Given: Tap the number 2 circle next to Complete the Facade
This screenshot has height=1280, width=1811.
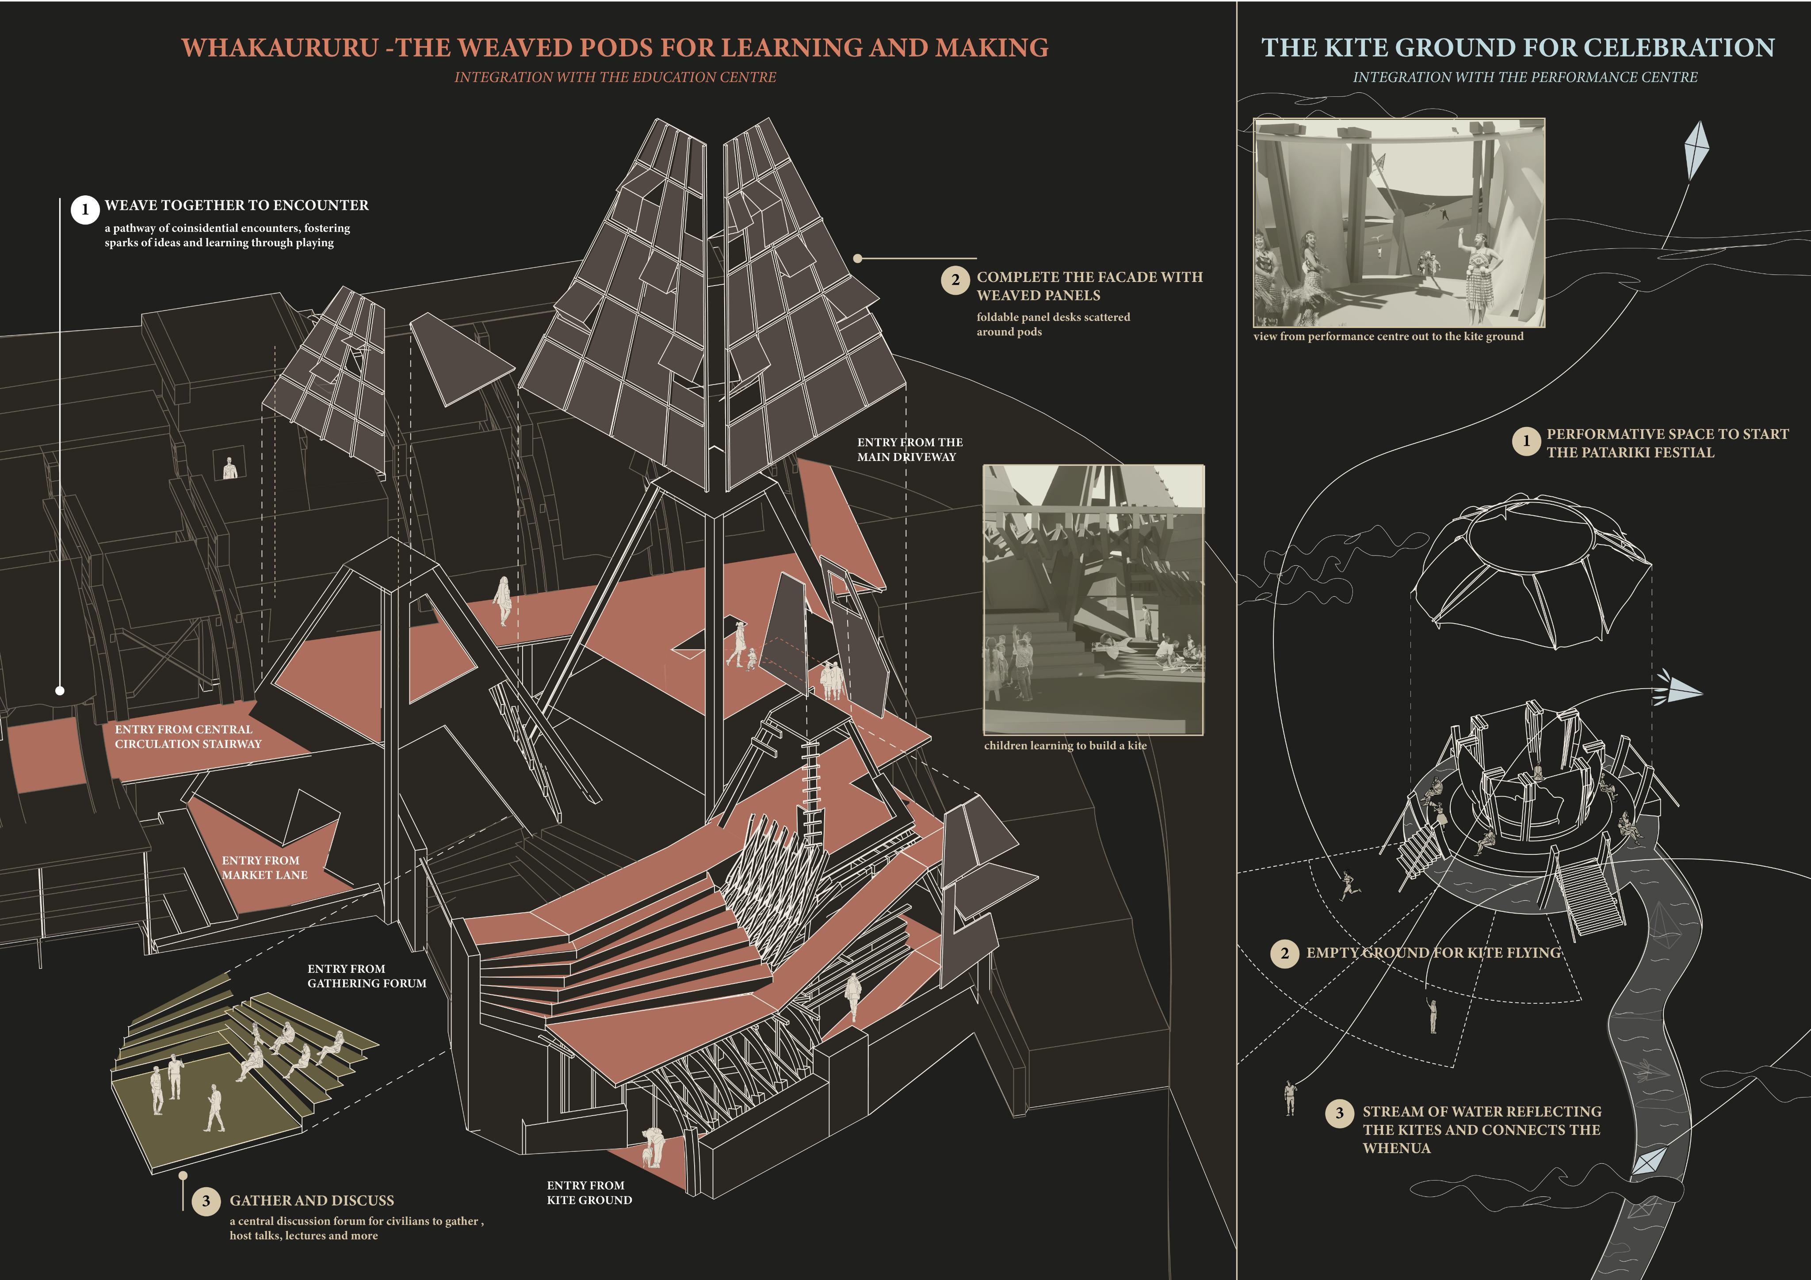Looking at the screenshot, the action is (x=955, y=280).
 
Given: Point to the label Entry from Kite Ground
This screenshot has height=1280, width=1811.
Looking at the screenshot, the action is (x=589, y=1192).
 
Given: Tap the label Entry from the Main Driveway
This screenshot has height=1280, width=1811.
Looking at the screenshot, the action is (x=909, y=450).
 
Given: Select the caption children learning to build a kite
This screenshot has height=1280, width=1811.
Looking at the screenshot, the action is (x=1065, y=745).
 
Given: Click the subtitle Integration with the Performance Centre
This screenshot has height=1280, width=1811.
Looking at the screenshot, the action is (x=1524, y=77).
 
